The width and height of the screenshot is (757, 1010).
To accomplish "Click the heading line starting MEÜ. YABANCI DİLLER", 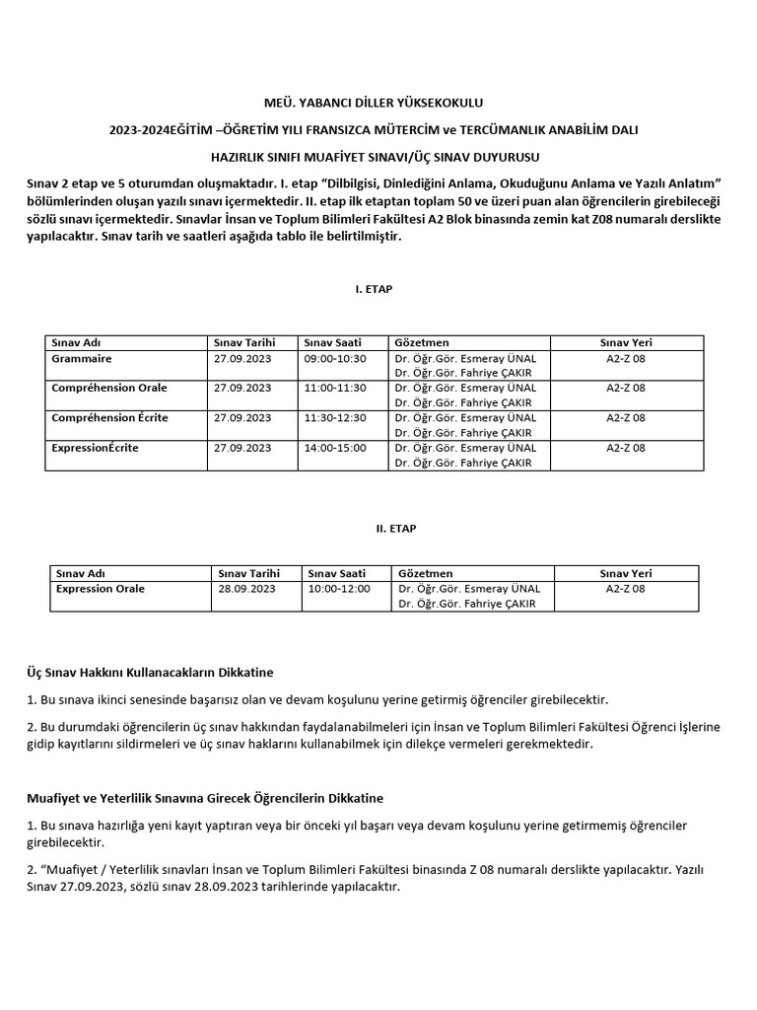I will pos(378,102).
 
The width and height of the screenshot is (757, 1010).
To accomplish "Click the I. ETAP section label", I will pos(378,289).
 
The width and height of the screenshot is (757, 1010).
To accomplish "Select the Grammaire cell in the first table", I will pos(82,357).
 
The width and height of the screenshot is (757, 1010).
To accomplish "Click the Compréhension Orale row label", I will pos(109,388).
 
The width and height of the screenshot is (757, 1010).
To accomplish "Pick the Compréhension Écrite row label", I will pos(109,417).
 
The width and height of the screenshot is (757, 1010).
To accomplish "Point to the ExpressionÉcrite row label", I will pos(95,447).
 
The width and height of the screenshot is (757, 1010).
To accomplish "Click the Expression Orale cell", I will pos(101,589).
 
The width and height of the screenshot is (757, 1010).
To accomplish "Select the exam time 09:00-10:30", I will pos(335,357).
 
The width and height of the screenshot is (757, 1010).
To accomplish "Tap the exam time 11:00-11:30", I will pos(335,388).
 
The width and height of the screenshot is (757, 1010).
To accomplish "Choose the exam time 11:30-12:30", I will pos(335,417).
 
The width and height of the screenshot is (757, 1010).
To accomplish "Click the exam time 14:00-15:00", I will pos(335,447).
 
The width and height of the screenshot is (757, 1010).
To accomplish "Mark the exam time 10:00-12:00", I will pos(339,589).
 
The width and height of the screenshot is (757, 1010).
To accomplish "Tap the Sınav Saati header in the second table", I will pos(337,573).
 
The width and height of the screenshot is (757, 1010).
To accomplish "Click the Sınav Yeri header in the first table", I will pos(626,342).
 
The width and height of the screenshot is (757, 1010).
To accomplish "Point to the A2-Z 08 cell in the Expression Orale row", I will pos(626,589).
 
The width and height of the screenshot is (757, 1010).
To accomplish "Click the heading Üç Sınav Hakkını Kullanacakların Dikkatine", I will pos(149,672).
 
